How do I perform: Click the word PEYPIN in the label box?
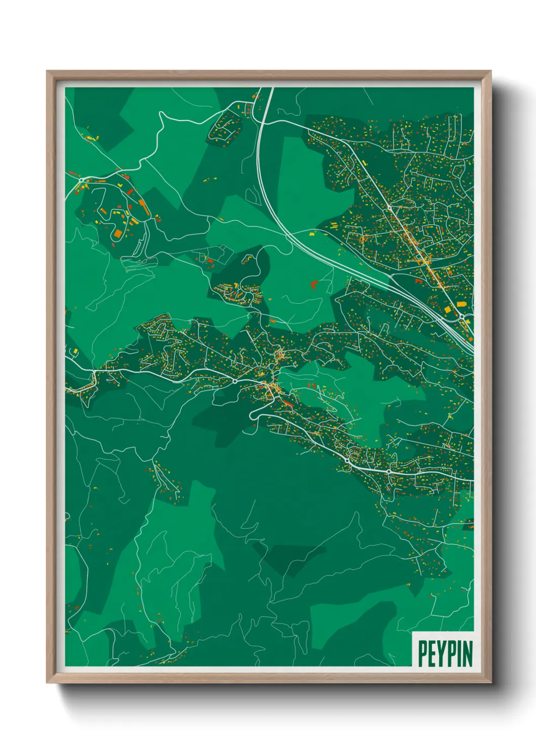pyautogui.click(x=445, y=653)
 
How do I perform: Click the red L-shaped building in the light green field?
pyautogui.click(x=313, y=284)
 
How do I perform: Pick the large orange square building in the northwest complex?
pyautogui.click(x=118, y=233)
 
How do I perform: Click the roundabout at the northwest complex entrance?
pyautogui.click(x=82, y=180)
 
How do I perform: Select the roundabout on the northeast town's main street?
pyautogui.click(x=389, y=207)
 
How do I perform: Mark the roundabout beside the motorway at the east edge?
pyautogui.click(x=463, y=318)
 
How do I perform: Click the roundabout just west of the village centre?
pyautogui.click(x=235, y=381)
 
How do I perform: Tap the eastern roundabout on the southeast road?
pyautogui.click(x=389, y=471)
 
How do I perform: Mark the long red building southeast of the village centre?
pyautogui.click(x=287, y=403)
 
